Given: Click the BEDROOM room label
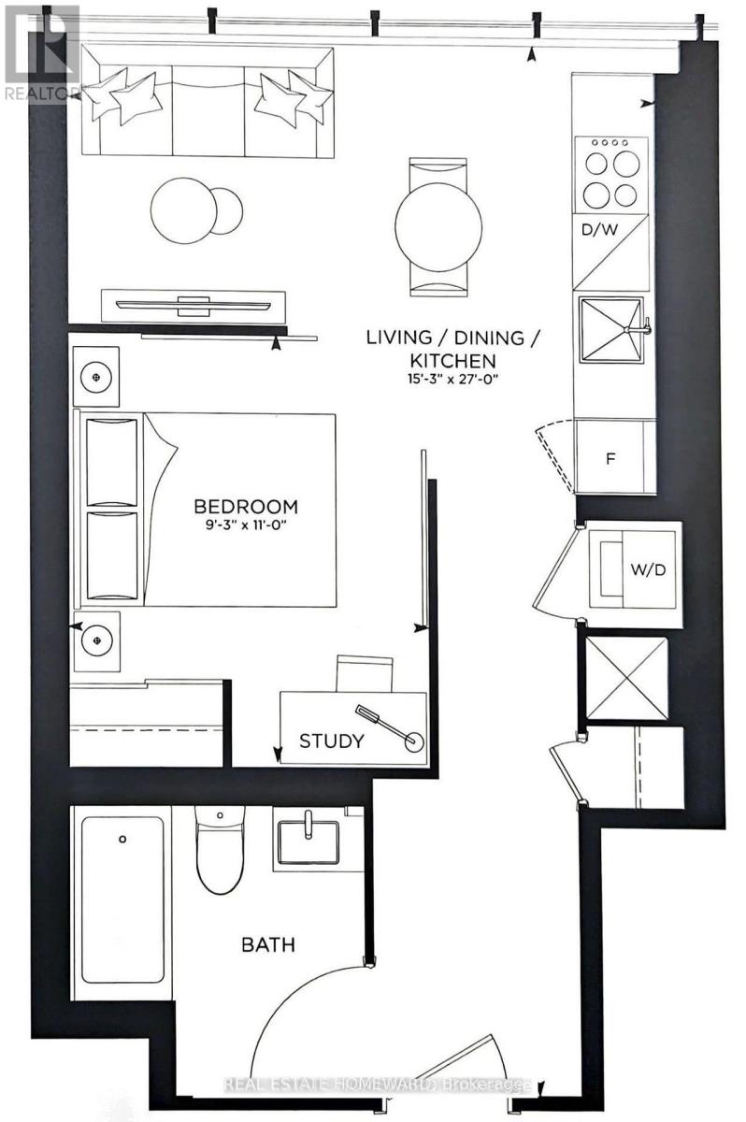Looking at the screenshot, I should point(246,507).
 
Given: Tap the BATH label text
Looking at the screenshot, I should point(268,944).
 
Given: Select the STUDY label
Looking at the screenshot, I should point(331,741).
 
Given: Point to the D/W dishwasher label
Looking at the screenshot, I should point(596,227).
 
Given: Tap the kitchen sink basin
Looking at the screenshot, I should point(610,329).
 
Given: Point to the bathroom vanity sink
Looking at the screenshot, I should point(308,836).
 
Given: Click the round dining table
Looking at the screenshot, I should point(438,226).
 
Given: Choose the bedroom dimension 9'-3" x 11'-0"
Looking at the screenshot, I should point(246,527).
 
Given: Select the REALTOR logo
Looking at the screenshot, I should point(40,52).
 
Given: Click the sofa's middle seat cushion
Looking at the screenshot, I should point(208,110).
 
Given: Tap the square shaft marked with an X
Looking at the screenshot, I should point(626,678).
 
